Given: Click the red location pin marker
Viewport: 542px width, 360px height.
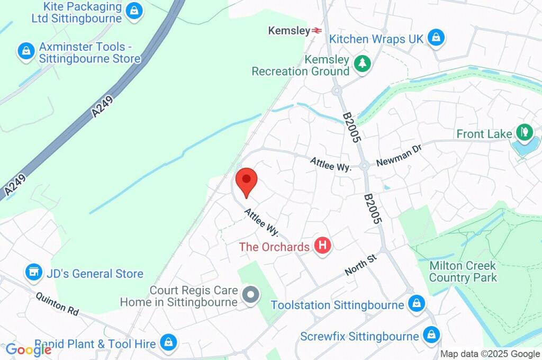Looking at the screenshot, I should click(246, 181).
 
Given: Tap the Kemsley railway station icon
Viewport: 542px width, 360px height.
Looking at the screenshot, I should click(317, 31).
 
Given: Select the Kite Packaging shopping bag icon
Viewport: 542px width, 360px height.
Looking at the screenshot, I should click(135, 11).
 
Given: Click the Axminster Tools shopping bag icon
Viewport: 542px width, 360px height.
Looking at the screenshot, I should click(25, 51).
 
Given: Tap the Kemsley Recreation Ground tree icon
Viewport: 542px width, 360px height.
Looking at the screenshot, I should click(362, 64).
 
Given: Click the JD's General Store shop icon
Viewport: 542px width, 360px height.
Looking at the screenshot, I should click(34, 273).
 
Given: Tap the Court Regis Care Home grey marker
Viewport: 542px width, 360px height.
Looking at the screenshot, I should click(250, 295).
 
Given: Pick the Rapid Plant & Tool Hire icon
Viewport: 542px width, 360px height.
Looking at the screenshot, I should click(168, 342).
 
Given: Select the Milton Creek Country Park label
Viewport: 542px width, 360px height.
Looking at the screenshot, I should click(463, 271).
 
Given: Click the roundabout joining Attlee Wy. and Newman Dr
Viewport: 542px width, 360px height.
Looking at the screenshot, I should click(364, 166).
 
